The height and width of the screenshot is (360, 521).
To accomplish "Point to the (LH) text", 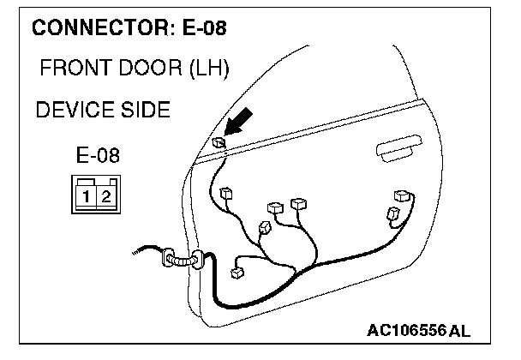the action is point(206,69).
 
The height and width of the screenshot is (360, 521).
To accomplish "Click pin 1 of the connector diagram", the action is point(88,195).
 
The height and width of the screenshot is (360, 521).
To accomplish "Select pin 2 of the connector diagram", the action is point(105,195).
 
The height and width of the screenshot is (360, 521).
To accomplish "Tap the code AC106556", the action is point(407,331).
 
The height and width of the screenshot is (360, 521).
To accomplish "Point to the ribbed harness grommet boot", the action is point(180,259).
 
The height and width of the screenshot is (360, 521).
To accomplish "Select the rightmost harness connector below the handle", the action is point(401,196).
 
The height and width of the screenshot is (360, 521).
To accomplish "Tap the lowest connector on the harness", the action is point(238,273).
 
